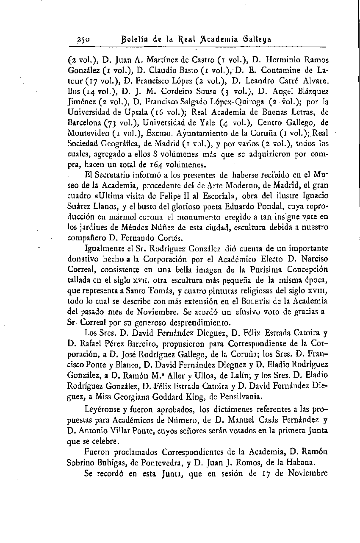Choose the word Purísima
(263, 269)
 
